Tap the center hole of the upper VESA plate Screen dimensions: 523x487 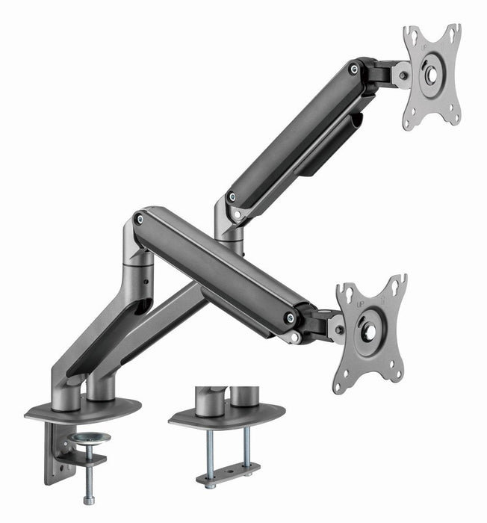coord(432,75)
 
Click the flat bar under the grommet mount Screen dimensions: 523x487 coord(228,472)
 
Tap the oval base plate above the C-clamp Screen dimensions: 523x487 coord(82,410)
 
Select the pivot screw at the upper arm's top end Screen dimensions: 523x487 coord(353,69)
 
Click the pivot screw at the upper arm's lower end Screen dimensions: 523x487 coord(232,197)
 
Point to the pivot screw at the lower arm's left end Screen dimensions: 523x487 coord(138,218)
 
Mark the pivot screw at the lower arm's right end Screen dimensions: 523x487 coord(289,318)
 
